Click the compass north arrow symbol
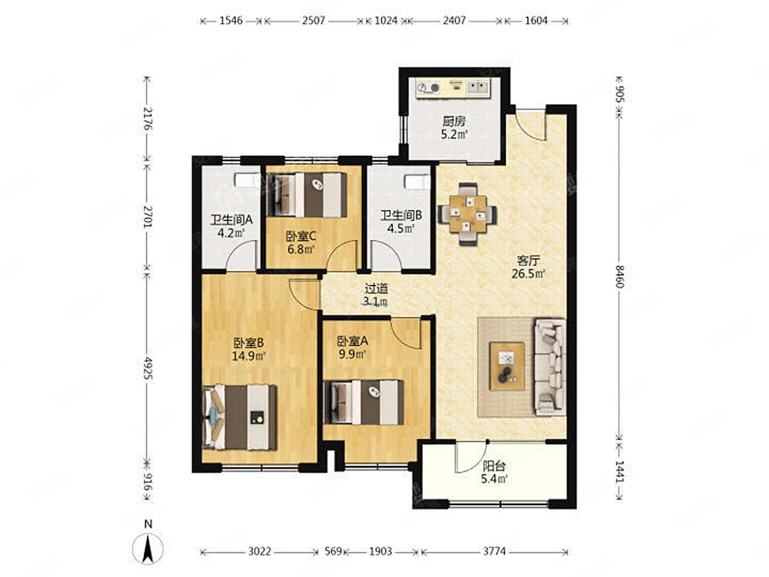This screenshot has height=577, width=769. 148,550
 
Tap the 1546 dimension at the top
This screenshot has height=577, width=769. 231,21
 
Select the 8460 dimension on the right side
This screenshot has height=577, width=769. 619,276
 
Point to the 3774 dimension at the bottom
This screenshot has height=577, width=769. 494,552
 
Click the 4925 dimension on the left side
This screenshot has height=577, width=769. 148,368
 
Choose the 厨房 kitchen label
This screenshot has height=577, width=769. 454,121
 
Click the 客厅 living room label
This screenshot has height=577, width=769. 528,260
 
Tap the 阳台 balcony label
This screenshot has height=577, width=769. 494,467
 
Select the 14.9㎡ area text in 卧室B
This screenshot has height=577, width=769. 248,356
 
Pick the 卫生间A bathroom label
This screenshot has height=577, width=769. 231,220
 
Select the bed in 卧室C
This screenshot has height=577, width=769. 307,195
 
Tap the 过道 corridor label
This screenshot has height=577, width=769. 377,288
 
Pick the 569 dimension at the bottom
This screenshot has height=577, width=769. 333,552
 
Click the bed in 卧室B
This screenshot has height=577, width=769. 240,417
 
